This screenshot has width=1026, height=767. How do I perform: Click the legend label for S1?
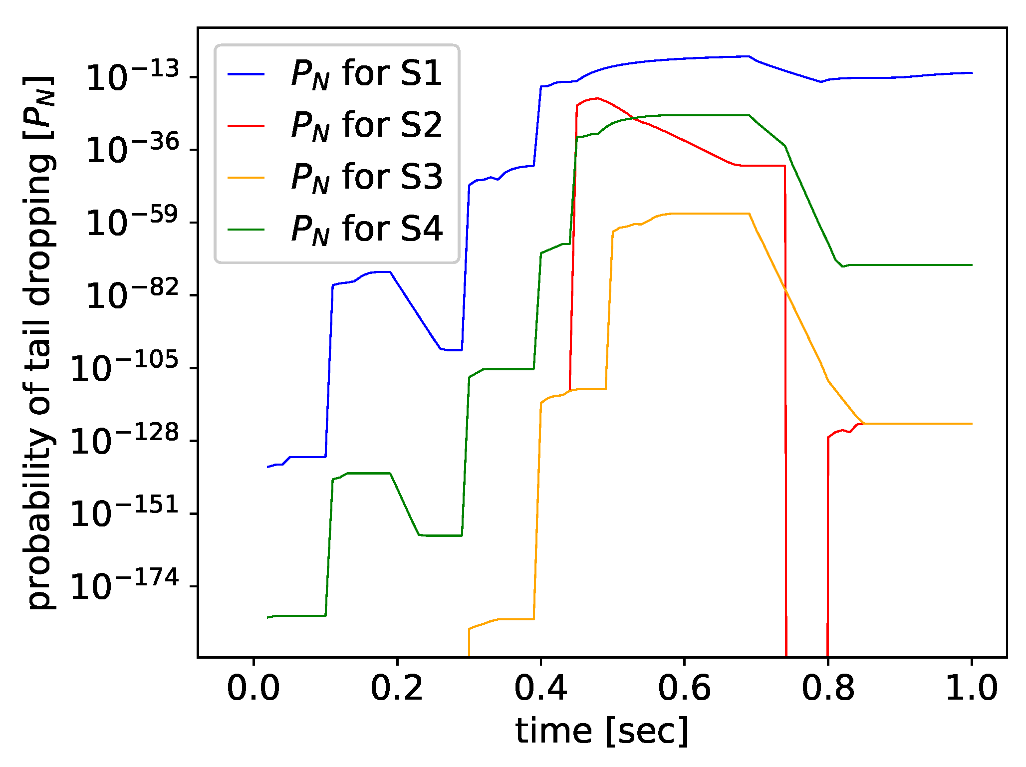click(366, 74)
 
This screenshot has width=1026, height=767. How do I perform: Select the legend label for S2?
click(366, 125)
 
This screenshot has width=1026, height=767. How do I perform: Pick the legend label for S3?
click(366, 177)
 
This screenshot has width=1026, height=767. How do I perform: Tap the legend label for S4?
click(366, 229)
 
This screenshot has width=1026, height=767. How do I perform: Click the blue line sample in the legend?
click(246, 74)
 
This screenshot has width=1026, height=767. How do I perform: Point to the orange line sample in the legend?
click(246, 177)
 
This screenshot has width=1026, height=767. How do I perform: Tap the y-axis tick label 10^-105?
click(124, 367)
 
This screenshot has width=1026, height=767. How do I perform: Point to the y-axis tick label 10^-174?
click(124, 585)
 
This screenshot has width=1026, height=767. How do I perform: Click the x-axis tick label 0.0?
click(254, 689)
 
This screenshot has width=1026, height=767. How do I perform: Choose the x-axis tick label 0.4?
click(541, 689)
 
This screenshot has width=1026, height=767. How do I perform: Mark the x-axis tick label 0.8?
click(828, 689)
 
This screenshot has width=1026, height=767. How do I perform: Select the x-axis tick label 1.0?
click(971, 689)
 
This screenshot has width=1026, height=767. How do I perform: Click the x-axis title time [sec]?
click(602, 732)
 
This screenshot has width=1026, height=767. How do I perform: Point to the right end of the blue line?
click(972, 73)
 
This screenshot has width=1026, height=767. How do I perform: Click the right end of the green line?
click(972, 265)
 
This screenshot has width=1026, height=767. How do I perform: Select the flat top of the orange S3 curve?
click(709, 214)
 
